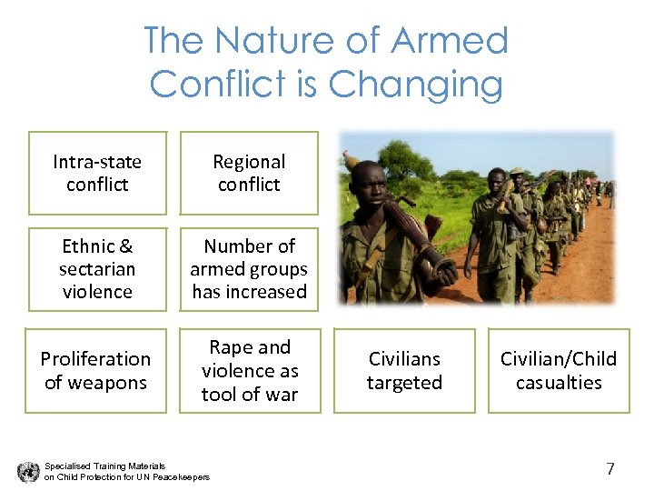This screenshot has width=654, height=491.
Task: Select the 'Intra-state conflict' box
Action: point(97,173)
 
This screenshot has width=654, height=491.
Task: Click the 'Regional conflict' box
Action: point(249,173)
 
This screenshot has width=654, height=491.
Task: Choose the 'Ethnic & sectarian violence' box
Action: point(97,268)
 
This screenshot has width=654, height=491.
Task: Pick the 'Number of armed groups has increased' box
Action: point(249,268)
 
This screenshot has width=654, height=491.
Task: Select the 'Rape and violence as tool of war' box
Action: point(250,370)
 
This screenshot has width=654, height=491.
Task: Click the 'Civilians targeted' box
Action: point(404,370)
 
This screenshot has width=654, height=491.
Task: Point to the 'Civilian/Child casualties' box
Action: point(559,370)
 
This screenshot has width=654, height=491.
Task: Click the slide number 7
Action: point(610,469)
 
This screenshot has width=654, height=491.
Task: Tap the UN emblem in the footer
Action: point(27,471)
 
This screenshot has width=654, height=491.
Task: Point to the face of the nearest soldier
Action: point(368,182)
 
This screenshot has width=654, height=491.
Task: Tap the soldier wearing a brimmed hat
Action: point(517,182)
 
